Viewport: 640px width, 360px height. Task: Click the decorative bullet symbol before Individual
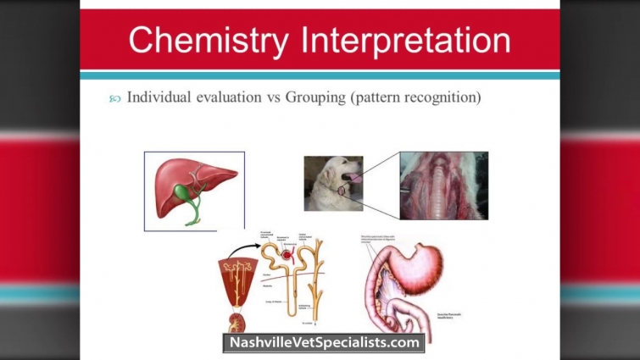point(115,99)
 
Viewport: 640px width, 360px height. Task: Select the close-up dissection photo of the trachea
point(443,185)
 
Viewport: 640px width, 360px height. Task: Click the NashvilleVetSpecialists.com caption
point(323,343)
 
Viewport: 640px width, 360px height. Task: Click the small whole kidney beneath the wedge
point(234,323)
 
